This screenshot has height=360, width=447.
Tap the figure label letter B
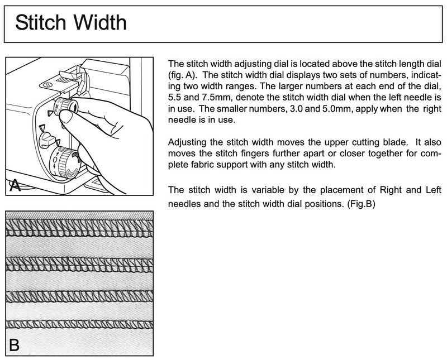(x=15, y=345)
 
